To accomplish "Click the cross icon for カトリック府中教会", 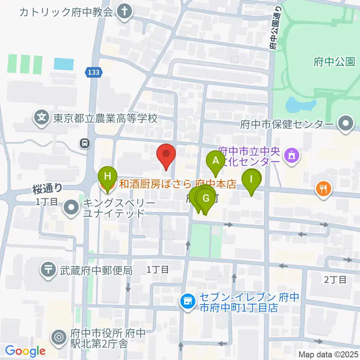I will tap(124, 12).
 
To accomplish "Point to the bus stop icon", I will tap(85, 142).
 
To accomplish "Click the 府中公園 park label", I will tap(334, 62).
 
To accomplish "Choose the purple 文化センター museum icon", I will tap(291, 154).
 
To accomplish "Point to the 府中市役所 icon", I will tap(59, 337).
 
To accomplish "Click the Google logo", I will tap(25, 351).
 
